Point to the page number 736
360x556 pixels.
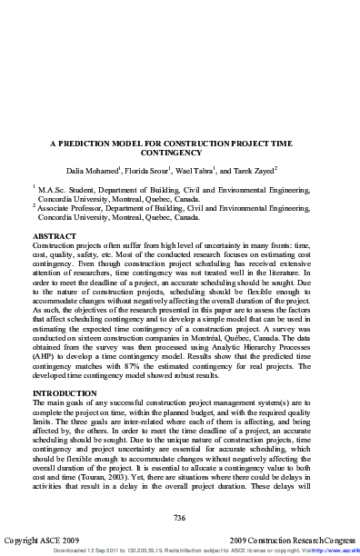pos(180,517)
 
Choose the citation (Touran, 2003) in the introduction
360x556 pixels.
pos(135,479)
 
